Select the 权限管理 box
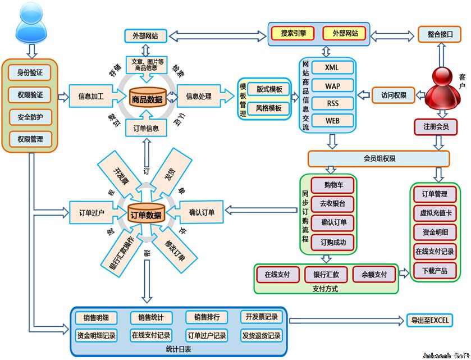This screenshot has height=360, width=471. tap(30, 139)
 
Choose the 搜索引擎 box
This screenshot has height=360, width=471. tap(294, 34)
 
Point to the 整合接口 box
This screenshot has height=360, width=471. tap(439, 34)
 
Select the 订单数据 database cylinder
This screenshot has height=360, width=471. tap(145, 215)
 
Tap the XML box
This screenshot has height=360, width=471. tap(331, 68)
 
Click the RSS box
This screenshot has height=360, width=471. tap(331, 103)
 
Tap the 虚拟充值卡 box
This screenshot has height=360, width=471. tap(434, 213)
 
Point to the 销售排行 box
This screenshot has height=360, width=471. tap(207, 317)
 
